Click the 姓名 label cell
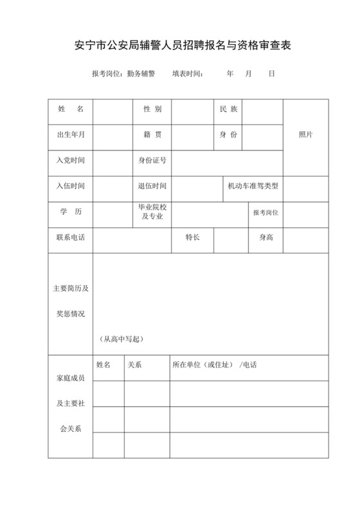pos(71,109)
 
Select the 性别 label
pos(152,109)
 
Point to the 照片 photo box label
pos(306,134)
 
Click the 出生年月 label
pos(71,134)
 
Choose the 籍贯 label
pos(152,134)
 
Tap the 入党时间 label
pos(71,160)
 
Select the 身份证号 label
pos(152,160)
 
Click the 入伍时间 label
pos(71,186)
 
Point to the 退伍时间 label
pos(152,186)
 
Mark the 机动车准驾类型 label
pos(253,186)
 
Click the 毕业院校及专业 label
pos(152,212)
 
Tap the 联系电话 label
pos(71,238)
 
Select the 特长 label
pos(192,238)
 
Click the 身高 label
pos(266,238)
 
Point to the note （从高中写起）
pos(122,339)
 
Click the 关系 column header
pos(134,364)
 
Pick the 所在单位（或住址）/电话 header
pos(214,364)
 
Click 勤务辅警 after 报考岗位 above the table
pos(141,74)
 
